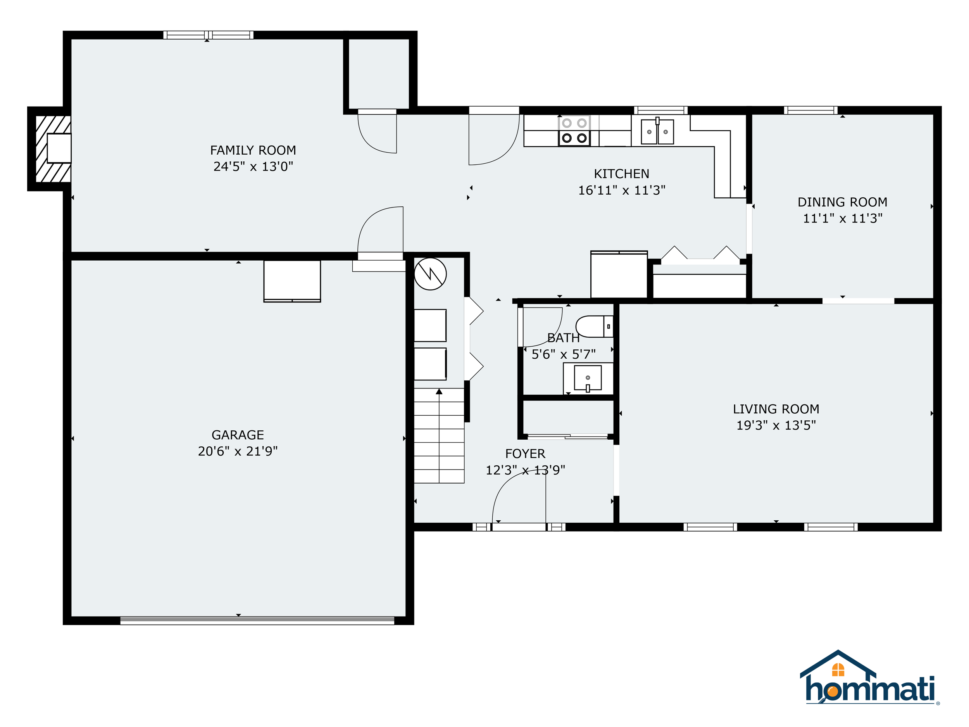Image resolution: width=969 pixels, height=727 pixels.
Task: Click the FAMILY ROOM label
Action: pyautogui.click(x=253, y=150)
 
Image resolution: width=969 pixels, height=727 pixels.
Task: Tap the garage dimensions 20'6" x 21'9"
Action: pyautogui.click(x=238, y=451)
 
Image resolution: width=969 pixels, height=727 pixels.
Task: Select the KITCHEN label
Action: pyautogui.click(x=621, y=174)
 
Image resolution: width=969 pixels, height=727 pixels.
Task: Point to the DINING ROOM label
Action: pyautogui.click(x=842, y=202)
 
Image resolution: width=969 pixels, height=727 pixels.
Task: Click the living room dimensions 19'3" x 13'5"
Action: pyautogui.click(x=776, y=425)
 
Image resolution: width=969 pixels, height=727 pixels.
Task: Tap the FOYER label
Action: pyautogui.click(x=525, y=454)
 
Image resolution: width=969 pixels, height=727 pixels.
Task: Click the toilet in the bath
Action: pyautogui.click(x=594, y=326)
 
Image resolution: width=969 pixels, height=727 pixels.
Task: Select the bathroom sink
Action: pyautogui.click(x=588, y=378)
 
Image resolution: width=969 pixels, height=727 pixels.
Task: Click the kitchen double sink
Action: pyautogui.click(x=657, y=131)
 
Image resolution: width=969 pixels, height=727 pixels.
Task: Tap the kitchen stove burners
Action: pyautogui.click(x=574, y=131)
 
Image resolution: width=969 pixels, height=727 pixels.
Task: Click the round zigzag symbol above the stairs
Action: pyautogui.click(x=430, y=274)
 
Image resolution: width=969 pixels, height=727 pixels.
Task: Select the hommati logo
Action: pyautogui.click(x=869, y=679)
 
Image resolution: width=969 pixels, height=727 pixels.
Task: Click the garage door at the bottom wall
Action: pyautogui.click(x=257, y=620)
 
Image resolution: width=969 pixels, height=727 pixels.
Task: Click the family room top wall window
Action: pyautogui.click(x=208, y=35)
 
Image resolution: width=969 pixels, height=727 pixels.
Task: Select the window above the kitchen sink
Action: pyautogui.click(x=660, y=110)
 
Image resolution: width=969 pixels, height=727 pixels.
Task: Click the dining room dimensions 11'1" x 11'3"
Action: pyautogui.click(x=842, y=218)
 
